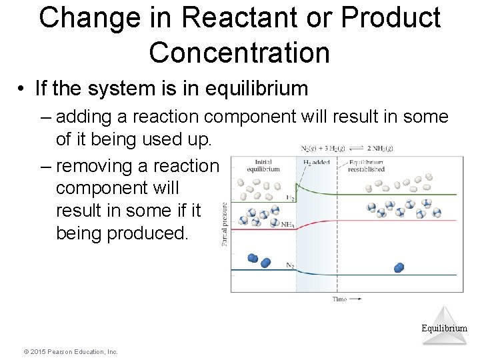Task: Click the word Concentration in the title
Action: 239,52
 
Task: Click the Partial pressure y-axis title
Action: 225,225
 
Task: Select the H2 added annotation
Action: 316,162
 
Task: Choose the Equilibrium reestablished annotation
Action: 365,165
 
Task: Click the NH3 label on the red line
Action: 288,225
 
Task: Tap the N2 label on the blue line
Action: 290,265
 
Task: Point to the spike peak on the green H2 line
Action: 297,187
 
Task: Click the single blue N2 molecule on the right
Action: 399,267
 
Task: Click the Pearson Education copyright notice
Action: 70,351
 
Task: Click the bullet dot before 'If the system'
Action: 21,89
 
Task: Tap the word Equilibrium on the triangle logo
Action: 444,328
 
